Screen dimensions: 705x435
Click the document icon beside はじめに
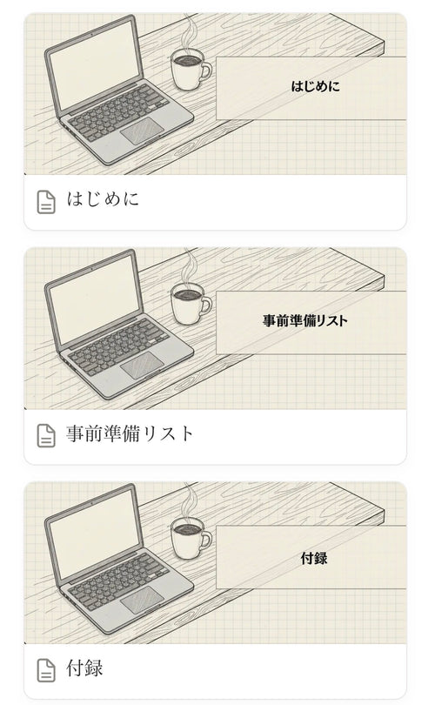pos(46,201)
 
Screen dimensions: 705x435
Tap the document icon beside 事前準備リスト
pos(46,435)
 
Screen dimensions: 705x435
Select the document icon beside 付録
pos(46,669)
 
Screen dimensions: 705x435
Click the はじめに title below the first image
pos(103,200)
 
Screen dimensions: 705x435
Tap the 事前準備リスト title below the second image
pos(130,434)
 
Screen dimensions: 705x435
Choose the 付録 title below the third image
pos(84,668)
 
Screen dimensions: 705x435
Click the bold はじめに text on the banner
pos(316,87)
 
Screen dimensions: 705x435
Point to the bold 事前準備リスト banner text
pos(305,321)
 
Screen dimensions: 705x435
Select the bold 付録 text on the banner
pos(313,558)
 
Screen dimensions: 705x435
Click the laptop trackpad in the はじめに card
pos(142,132)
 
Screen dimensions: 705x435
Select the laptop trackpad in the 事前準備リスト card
pos(142,366)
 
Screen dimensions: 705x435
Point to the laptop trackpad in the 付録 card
pos(142,600)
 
